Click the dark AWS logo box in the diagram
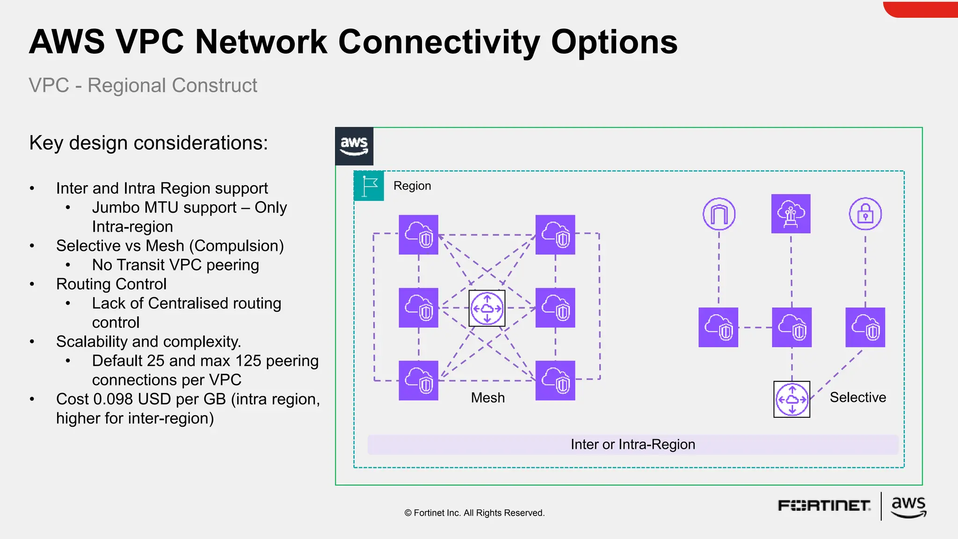pos(354,146)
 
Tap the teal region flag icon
pos(369,186)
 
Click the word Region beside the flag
pos(412,186)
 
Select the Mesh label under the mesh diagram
pos(487,398)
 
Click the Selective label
pos(857,397)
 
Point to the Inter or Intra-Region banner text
pos(632,444)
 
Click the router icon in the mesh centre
pos(487,308)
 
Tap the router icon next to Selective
pos(791,399)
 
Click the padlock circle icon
pos(865,214)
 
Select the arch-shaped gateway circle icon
pos(719,214)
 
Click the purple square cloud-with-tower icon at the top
pos(791,214)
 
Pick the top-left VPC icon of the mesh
pos(418,234)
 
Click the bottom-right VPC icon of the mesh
pos(555,380)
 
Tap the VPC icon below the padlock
pos(865,327)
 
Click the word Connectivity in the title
pos(439,42)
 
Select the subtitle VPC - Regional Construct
pos(143,85)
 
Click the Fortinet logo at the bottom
pos(824,506)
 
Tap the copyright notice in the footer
pos(474,513)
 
